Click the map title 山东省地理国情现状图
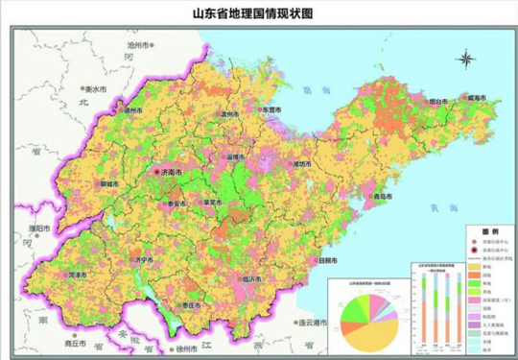pyautogui.click(x=259, y=12)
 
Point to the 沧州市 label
pyautogui.click(x=140, y=45)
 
